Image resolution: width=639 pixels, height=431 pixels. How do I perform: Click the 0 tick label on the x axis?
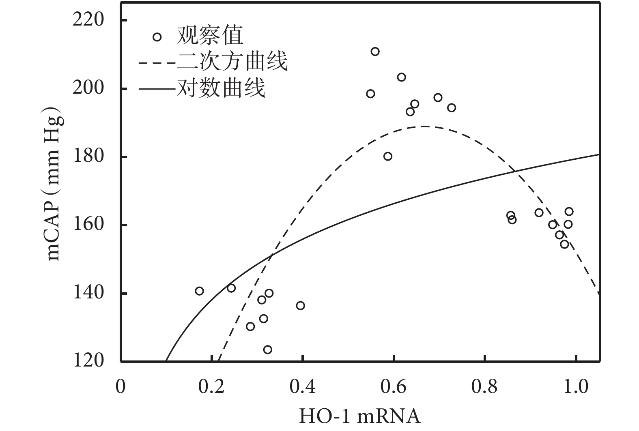coord(120,386)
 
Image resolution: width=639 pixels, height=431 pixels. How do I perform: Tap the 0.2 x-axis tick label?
coord(211,386)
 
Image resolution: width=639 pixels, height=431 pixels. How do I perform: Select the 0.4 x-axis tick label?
coord(303,386)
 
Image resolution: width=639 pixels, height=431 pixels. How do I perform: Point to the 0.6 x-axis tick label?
coord(394,386)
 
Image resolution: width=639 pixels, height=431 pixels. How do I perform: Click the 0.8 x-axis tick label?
coord(485,386)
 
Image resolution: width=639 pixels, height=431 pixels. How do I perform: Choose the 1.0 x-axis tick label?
coord(576,386)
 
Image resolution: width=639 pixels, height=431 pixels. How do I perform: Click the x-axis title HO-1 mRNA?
coord(359,416)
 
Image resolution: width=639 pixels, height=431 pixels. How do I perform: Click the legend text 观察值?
coord(210,36)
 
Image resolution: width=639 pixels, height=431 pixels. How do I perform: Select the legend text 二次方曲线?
coord(232,62)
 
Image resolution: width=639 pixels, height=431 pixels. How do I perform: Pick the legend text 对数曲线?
coord(221,88)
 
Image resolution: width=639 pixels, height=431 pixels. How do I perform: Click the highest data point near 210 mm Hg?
coord(375,51)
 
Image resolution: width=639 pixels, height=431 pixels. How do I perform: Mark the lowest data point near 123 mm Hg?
coord(267,350)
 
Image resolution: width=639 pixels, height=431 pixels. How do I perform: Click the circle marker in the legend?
coord(157,37)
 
